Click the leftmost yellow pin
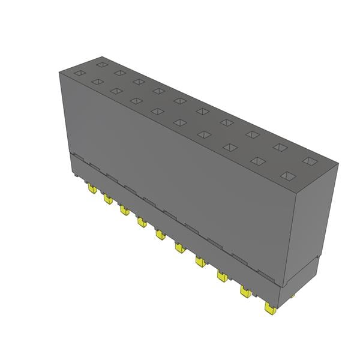point(92,189)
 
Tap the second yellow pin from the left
point(108,199)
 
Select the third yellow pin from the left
point(124,209)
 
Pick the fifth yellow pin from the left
point(160,234)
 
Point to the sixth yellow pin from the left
point(179,247)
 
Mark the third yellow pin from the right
point(222,276)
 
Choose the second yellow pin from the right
point(245,291)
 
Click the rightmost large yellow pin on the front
point(269,307)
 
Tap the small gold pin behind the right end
point(292,295)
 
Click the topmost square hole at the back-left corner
point(101,64)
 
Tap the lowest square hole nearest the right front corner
point(288,176)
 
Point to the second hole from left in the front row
point(97,82)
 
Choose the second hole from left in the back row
point(119,73)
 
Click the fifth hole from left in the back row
point(179,100)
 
